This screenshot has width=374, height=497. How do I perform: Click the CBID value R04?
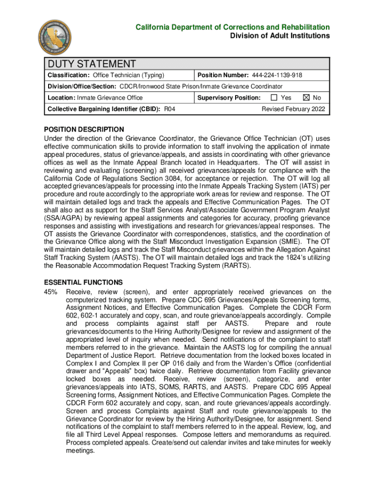tap(170, 109)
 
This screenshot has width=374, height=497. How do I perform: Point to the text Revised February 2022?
tap(294, 109)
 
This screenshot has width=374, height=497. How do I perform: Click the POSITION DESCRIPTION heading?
tap(84, 130)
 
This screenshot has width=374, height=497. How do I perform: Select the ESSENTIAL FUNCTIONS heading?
tap(83, 282)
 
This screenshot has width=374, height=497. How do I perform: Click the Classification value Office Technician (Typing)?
tap(129, 75)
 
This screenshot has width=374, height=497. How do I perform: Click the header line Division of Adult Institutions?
tap(280, 36)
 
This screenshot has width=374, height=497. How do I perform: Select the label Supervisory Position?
tap(229, 98)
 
